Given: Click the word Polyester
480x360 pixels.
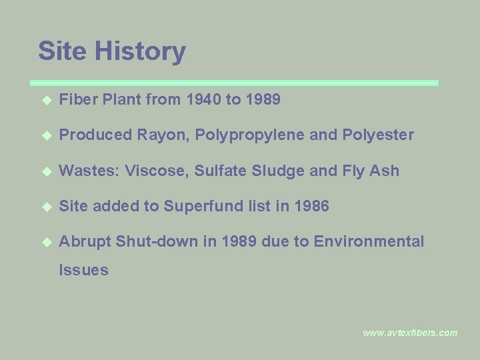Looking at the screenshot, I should click(378, 135).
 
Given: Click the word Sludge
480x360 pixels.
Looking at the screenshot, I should click(277, 171).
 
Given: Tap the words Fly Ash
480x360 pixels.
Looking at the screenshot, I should click(371, 171).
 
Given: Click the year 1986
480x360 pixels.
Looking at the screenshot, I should click(311, 207).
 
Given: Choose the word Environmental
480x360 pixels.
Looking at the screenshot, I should click(369, 242).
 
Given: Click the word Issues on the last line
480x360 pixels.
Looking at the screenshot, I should click(83, 271).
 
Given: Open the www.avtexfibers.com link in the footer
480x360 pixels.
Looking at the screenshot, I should click(410, 333).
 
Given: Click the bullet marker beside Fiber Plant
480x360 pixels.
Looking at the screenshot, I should click(46, 101).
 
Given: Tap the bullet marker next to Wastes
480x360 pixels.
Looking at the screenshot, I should click(46, 171).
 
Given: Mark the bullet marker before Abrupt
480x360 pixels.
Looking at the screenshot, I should click(46, 243).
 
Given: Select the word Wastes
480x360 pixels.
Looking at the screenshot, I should click(86, 171).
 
